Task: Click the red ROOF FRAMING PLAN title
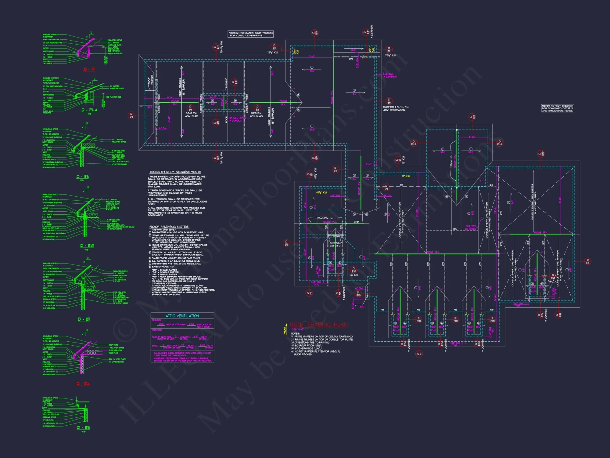click(319, 325)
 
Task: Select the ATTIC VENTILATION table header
click(182, 316)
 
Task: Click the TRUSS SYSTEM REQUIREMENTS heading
click(175, 172)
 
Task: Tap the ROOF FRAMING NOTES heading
click(169, 227)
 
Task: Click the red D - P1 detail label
click(89, 70)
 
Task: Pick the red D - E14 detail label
click(83, 384)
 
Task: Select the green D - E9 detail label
click(82, 177)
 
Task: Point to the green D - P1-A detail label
click(89, 110)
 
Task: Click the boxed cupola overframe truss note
click(250, 34)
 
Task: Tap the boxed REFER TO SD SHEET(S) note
click(557, 108)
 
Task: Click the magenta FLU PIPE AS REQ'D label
click(471, 227)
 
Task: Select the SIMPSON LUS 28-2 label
click(335, 245)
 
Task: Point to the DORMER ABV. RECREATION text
click(396, 108)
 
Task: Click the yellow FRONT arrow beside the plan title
click(285, 329)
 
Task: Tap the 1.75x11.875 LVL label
click(325, 218)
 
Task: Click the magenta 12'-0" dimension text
click(312, 56)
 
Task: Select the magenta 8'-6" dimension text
click(472, 137)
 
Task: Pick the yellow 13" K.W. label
click(406, 176)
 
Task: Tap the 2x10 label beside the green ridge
click(356, 222)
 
